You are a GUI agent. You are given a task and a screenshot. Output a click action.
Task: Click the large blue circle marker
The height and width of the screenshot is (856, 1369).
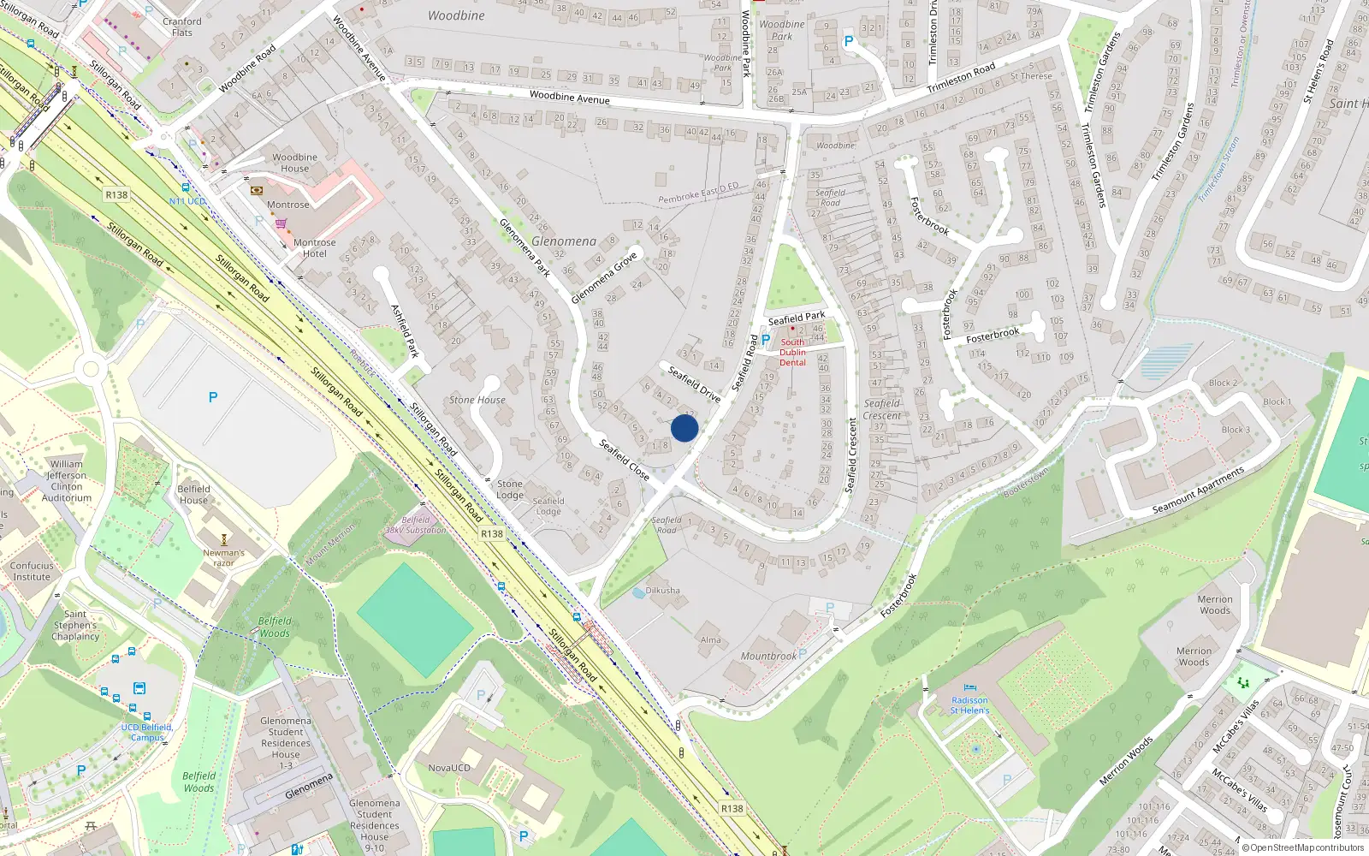pos(684,428)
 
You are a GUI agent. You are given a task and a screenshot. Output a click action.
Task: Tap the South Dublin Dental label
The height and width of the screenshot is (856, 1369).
pos(792,352)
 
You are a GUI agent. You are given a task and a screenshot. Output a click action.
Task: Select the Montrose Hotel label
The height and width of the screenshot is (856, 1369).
pos(314,248)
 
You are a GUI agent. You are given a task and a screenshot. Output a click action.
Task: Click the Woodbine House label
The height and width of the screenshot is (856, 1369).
pos(294,163)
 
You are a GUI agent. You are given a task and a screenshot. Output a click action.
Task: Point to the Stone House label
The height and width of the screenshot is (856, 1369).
pos(477,400)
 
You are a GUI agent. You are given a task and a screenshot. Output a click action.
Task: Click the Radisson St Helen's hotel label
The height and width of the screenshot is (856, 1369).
pos(969,705)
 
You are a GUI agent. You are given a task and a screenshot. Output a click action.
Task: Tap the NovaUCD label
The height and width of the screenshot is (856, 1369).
pos(449,768)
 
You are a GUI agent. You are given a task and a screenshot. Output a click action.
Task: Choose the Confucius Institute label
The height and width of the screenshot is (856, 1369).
pos(32,571)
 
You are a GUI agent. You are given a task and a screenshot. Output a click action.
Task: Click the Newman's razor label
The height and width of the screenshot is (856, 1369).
pos(223,557)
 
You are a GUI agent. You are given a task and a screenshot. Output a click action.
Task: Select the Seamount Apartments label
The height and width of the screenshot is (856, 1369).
pos(1198,490)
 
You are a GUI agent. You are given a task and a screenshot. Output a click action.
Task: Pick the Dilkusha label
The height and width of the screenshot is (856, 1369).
pos(663,591)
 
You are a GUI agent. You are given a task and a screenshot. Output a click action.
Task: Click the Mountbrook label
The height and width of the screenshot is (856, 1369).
pos(768,657)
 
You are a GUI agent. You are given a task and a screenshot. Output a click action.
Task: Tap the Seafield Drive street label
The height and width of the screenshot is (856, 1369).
pos(694,383)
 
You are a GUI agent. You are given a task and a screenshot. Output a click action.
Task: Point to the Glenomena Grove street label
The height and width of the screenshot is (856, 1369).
pos(604,277)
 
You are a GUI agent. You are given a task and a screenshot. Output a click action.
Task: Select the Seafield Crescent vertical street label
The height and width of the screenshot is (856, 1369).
pos(850,455)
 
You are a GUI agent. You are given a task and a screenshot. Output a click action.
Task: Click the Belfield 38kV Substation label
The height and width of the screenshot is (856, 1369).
pos(416,525)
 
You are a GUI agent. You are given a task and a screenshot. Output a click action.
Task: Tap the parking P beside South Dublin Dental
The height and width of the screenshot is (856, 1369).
pos(766,340)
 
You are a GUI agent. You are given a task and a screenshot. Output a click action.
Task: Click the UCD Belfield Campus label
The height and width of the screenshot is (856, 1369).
pos(146,732)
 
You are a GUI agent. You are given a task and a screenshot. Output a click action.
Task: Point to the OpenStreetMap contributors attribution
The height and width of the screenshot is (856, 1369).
pos(1303,847)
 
